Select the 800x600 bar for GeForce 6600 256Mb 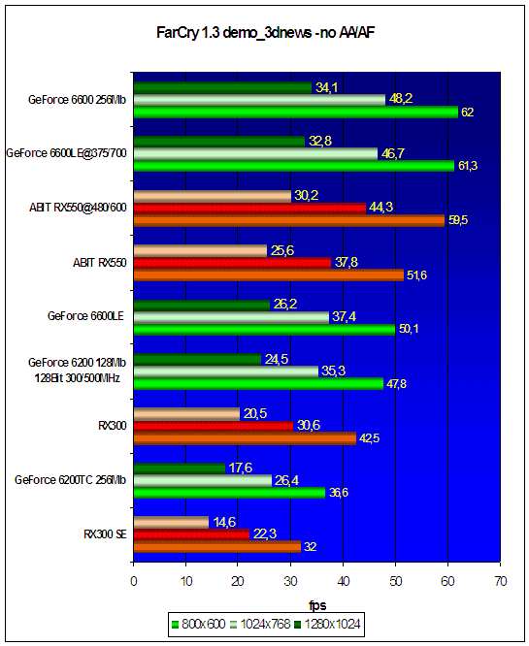296,113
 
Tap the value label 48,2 401,99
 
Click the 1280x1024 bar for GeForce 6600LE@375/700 219,142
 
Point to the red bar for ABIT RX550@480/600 249,209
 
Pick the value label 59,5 458,220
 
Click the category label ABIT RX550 100,263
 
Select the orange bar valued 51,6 269,275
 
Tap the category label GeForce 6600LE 85,316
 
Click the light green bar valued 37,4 231,317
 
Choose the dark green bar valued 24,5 197,360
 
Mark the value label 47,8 396,384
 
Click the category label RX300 113,426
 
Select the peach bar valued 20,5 186,414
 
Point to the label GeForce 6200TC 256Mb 70,480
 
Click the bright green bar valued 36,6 230,493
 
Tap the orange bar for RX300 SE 217,547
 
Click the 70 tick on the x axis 501,581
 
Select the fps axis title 317,605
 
